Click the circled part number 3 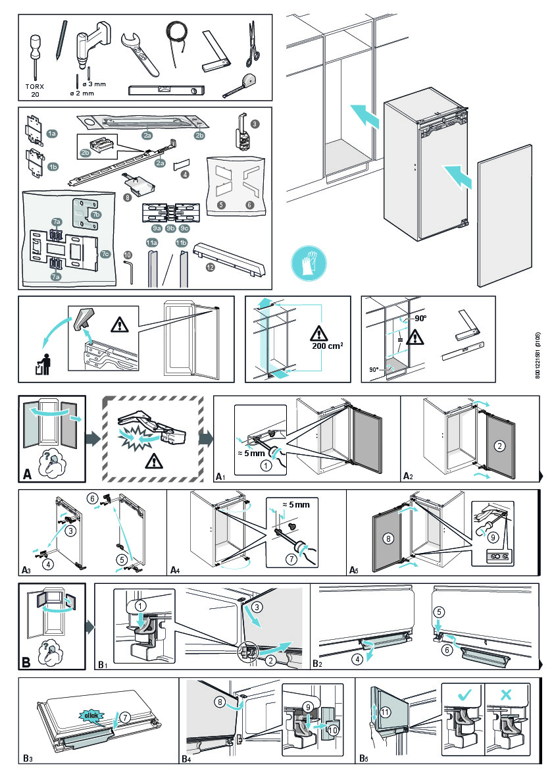[255, 122]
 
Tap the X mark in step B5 [506, 693]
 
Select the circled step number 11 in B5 [386, 712]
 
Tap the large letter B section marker [27, 662]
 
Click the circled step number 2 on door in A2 [499, 446]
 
